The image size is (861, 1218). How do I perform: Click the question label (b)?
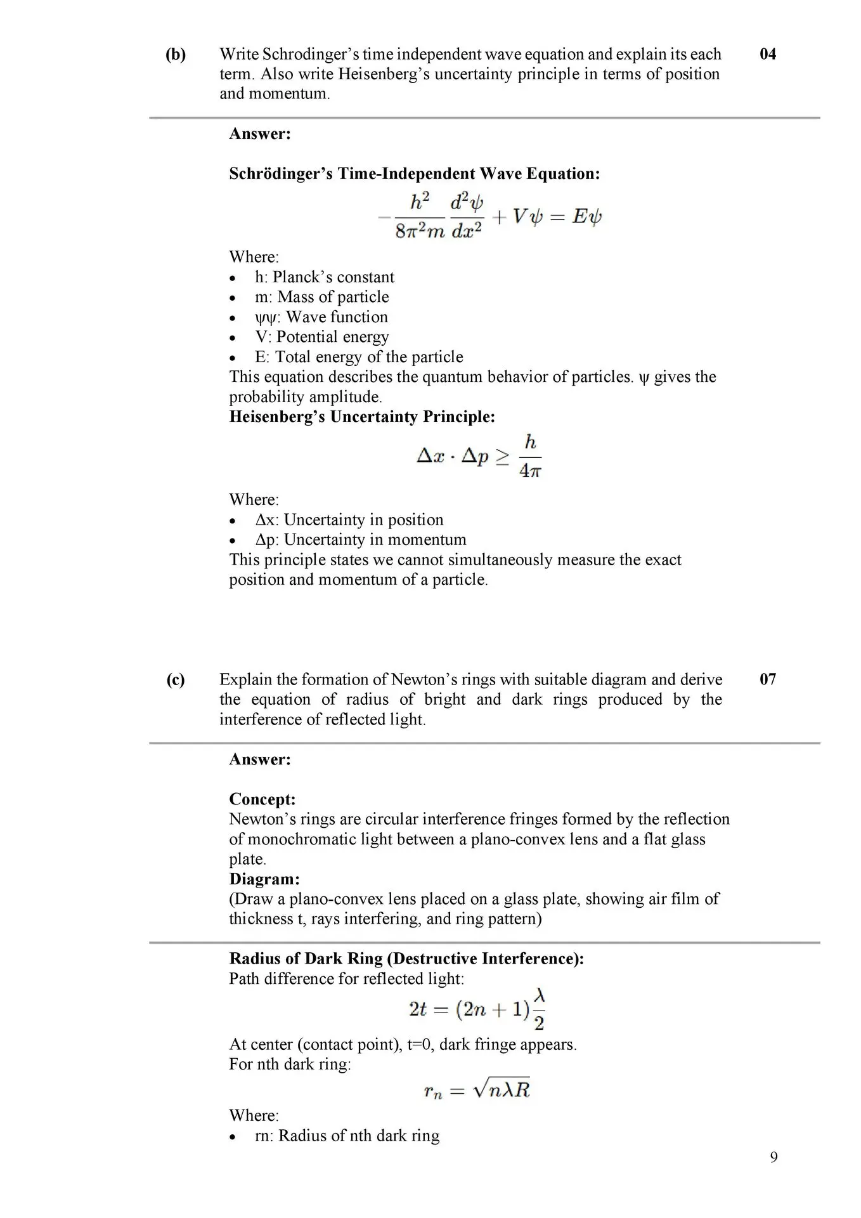[176, 55]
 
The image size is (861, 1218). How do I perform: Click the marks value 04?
[767, 54]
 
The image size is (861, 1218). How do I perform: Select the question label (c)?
[176, 680]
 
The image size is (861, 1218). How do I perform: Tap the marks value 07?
[767, 679]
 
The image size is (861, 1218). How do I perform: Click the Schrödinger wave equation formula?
[489, 216]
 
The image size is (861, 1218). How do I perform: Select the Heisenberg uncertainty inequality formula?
[479, 455]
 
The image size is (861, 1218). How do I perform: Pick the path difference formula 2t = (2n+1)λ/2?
[477, 1009]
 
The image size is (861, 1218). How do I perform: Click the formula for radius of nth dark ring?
[477, 1090]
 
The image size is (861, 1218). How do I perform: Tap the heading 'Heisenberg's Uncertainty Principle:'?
[361, 417]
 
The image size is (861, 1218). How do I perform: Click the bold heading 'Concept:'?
[262, 799]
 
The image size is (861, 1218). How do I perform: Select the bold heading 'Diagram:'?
[264, 879]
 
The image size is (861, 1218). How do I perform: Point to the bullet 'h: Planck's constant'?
[324, 277]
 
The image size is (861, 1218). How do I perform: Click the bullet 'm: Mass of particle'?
[321, 297]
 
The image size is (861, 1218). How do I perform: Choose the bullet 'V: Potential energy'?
[321, 337]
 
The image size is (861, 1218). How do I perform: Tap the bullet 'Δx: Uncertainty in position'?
[349, 520]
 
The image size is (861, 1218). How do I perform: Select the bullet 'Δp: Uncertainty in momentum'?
[360, 540]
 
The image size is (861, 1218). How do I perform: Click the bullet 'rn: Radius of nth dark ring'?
[347, 1136]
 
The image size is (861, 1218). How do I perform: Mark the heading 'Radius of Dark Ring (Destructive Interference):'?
[406, 958]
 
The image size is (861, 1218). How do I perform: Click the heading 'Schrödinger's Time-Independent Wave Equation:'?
[414, 173]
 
